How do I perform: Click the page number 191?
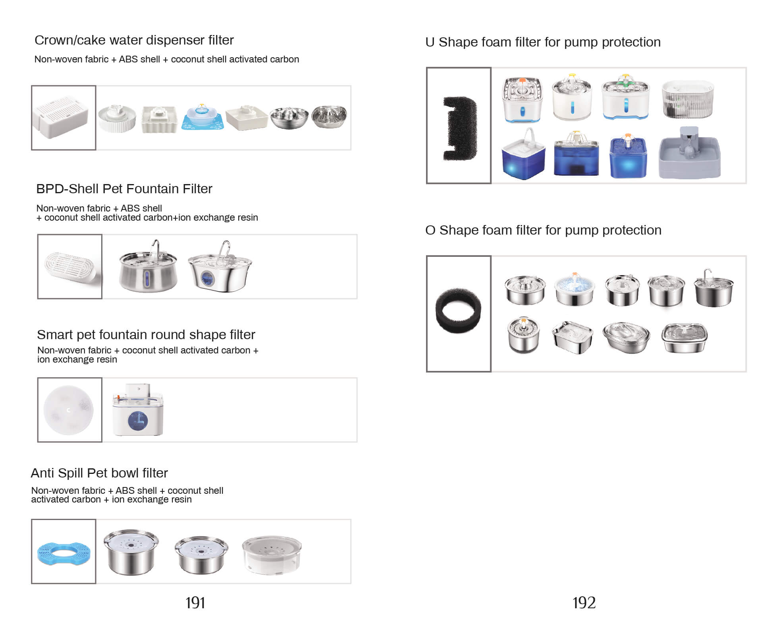195,603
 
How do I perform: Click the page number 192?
584,603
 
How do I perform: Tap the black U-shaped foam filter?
460,128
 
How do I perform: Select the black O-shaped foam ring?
458,310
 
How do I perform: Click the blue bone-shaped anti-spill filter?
64,552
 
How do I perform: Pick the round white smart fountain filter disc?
68,410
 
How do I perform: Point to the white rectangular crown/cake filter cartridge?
61,116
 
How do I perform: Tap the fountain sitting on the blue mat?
202,117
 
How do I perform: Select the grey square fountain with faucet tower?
689,153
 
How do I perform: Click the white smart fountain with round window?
138,409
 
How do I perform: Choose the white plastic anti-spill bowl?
272,555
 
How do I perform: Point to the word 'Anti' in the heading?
43,473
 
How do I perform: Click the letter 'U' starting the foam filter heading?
430,42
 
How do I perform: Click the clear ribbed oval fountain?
688,99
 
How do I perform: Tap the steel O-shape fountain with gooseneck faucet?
713,288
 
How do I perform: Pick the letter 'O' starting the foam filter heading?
430,230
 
